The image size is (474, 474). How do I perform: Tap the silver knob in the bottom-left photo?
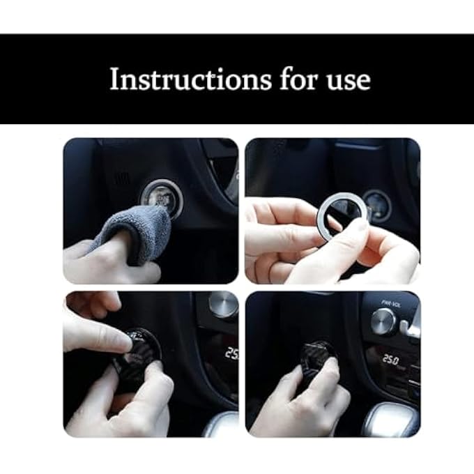click(x=222, y=305)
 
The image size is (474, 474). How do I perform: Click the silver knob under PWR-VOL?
click(x=383, y=321)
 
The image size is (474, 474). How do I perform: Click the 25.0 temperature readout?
click(x=390, y=360)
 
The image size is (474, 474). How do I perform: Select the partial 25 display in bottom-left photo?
click(x=231, y=353)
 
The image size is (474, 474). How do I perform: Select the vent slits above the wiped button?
click(x=123, y=178)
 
